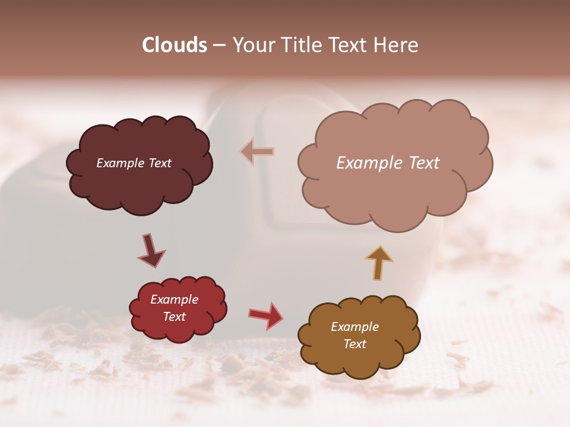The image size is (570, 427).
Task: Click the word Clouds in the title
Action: click(175, 45)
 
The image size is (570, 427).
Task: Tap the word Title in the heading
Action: click(303, 45)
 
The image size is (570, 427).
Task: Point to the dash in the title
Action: click(219, 45)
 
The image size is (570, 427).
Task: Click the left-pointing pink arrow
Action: click(258, 152)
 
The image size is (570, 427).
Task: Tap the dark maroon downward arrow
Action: click(151, 250)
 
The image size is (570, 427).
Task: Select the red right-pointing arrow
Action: click(267, 315)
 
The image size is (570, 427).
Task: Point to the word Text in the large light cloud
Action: click(420, 163)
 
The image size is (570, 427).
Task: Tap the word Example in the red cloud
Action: click(174, 299)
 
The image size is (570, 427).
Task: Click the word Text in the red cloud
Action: click(174, 317)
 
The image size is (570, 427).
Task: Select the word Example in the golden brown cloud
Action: click(354, 327)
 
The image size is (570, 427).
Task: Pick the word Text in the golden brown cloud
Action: click(354, 344)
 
